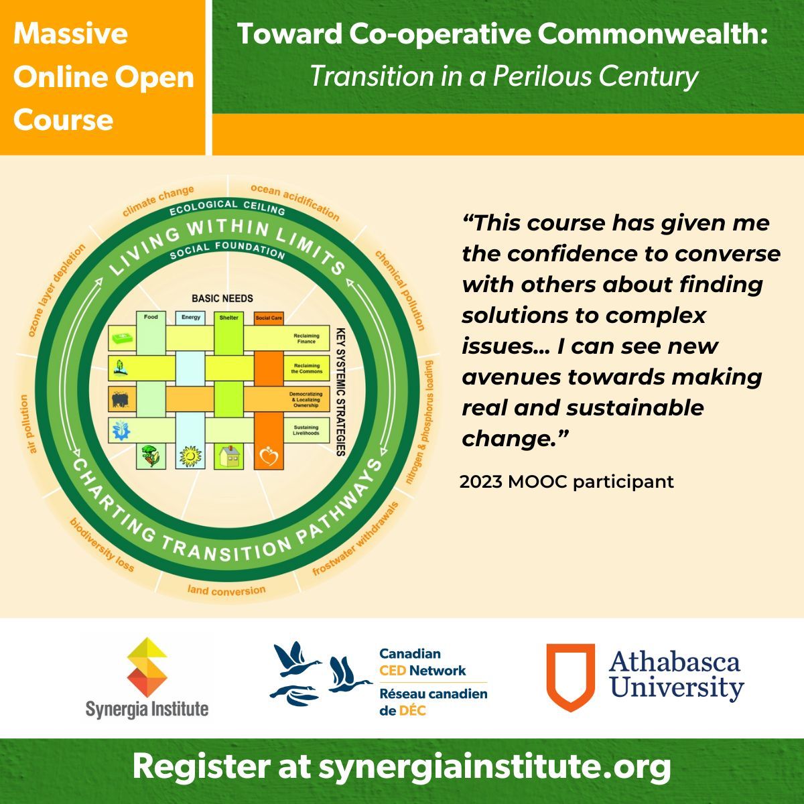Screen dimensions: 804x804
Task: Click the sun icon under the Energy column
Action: (x=191, y=456)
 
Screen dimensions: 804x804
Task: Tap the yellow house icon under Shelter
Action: (x=228, y=456)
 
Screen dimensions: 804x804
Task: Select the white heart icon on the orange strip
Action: (x=269, y=457)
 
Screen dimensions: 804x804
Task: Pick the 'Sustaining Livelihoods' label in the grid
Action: (x=306, y=430)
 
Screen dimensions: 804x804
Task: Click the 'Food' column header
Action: (x=151, y=317)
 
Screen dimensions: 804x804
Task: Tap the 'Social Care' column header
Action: (x=269, y=318)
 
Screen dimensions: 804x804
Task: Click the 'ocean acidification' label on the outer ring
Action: (x=295, y=200)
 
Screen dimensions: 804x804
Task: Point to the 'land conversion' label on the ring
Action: (x=226, y=590)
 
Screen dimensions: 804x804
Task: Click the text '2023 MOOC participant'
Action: (x=566, y=481)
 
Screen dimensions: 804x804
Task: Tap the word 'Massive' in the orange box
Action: (x=70, y=34)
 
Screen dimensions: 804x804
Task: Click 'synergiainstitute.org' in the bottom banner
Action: (x=494, y=766)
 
